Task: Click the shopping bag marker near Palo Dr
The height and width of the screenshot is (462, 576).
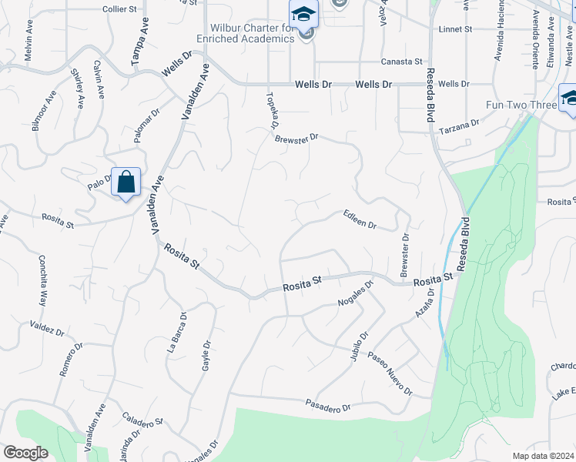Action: click(x=126, y=182)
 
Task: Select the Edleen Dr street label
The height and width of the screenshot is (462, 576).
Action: click(x=360, y=221)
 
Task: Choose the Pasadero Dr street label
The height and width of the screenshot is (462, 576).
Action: click(x=327, y=404)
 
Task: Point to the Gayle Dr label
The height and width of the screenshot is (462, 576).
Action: click(x=206, y=356)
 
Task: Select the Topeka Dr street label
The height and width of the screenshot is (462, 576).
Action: click(x=271, y=109)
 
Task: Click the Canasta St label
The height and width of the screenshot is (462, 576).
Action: click(x=402, y=62)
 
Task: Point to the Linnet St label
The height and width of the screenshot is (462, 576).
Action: click(x=454, y=29)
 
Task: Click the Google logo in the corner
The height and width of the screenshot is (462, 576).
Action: click(x=25, y=453)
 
